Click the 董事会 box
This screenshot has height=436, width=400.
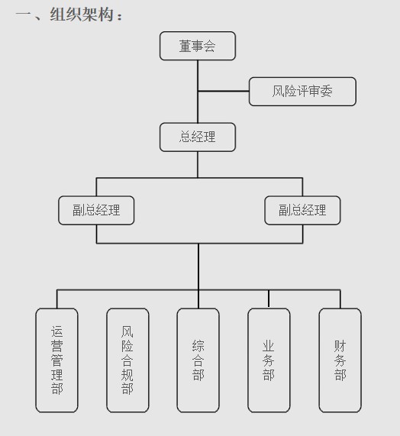pyautogui.click(x=198, y=46)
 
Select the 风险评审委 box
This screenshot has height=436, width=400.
pyautogui.click(x=302, y=92)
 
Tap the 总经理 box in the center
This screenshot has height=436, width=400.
pyautogui.click(x=198, y=137)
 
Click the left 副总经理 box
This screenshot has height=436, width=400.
pyautogui.click(x=96, y=210)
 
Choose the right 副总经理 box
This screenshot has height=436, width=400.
pyautogui.click(x=302, y=210)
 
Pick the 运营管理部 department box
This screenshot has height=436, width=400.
pyautogui.click(x=56, y=360)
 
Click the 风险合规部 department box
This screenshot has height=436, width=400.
pyautogui.click(x=127, y=360)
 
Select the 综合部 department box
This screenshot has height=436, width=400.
pyautogui.click(x=198, y=360)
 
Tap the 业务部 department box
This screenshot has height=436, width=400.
pyautogui.click(x=269, y=360)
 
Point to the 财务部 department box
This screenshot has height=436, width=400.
pyautogui.click(x=340, y=360)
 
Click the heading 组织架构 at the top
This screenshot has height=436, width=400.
pyautogui.click(x=82, y=15)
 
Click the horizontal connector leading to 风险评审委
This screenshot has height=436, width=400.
pyautogui.click(x=224, y=91)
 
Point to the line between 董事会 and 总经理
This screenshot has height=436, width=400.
pyautogui.click(x=198, y=92)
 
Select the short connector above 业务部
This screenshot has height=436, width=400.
pyautogui.click(x=269, y=299)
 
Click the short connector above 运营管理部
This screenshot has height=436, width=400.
pyautogui.click(x=57, y=299)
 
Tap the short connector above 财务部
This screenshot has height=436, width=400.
pyautogui.click(x=340, y=299)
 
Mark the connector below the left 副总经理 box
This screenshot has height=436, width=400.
pyautogui.click(x=96, y=234)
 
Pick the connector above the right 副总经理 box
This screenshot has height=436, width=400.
pyautogui.click(x=302, y=187)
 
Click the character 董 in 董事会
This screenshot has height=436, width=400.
pyautogui.click(x=185, y=46)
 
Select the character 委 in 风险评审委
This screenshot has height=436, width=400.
pyautogui.click(x=327, y=91)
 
